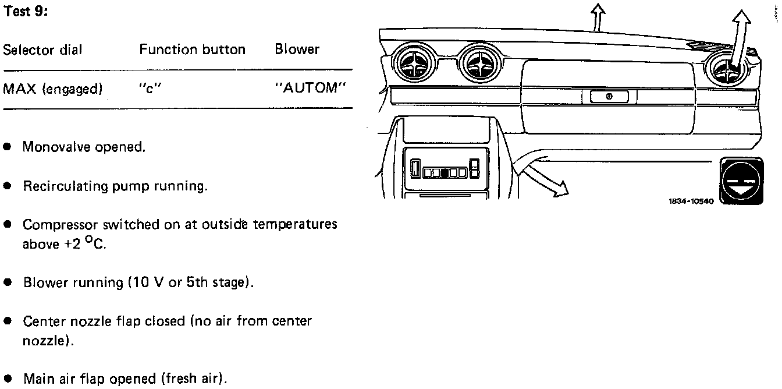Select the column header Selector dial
click(x=42, y=50)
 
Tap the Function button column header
click(x=192, y=49)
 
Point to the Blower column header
click(x=297, y=49)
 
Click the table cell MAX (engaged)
click(x=53, y=89)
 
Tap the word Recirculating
click(x=66, y=186)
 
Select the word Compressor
click(x=60, y=225)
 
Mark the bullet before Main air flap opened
click(x=8, y=379)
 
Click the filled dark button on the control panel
click(x=444, y=172)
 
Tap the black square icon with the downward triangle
click(x=741, y=181)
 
